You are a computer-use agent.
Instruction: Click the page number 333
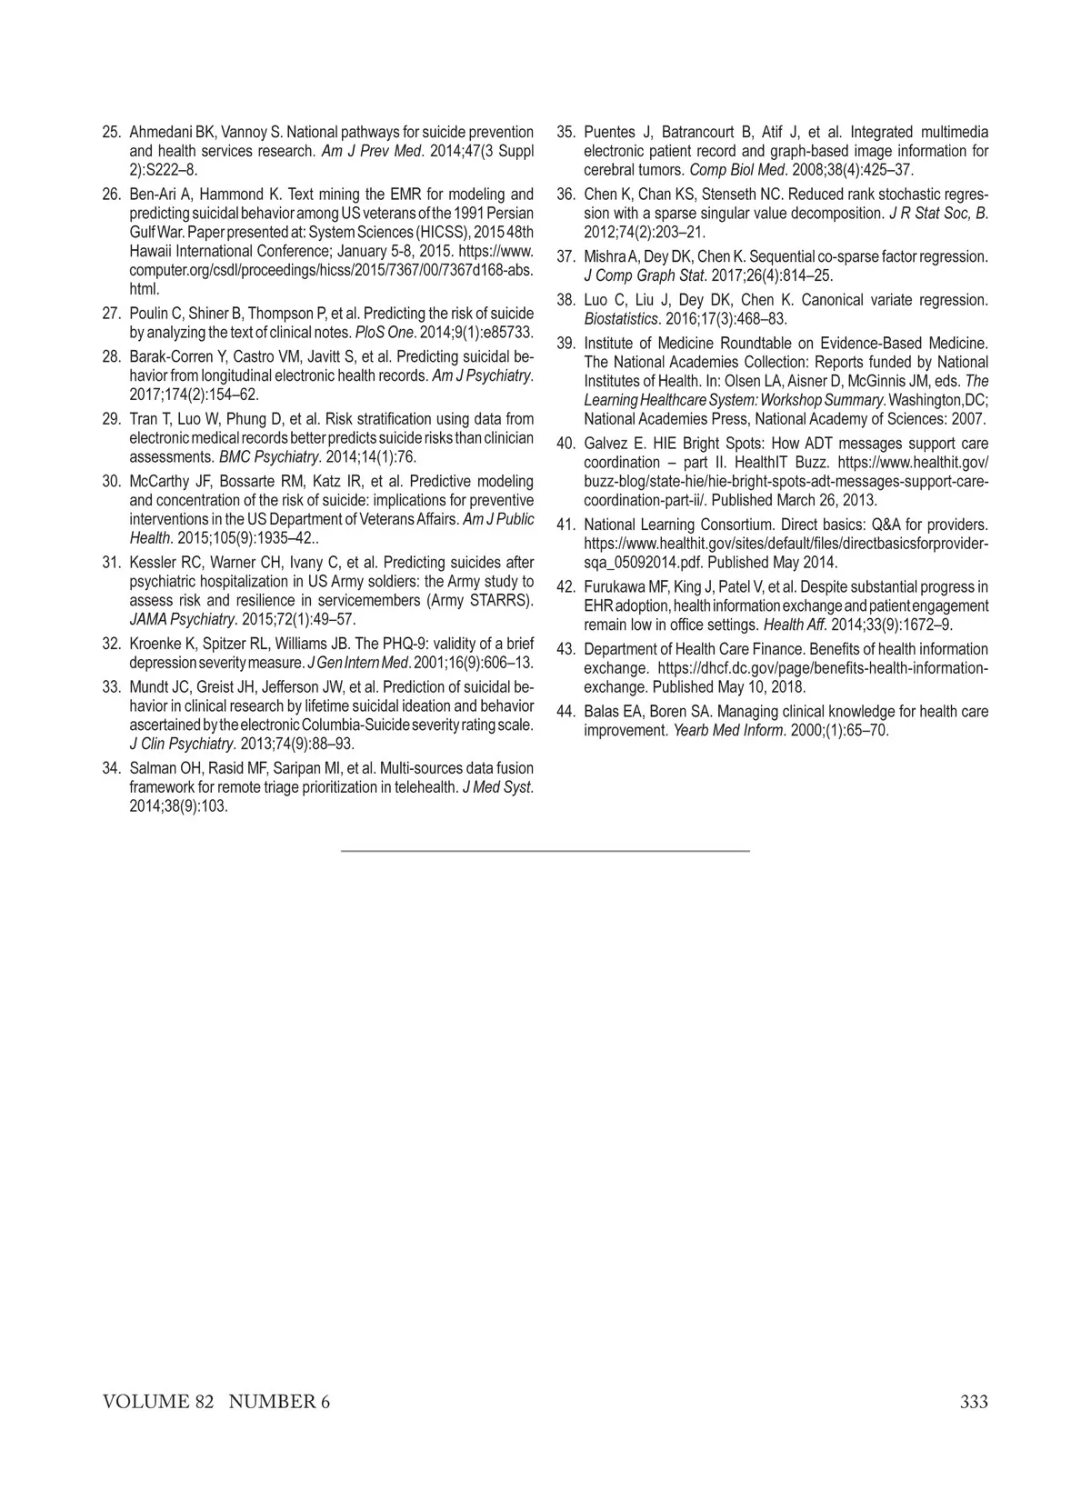(x=973, y=1402)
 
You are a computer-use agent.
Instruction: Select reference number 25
(x=112, y=132)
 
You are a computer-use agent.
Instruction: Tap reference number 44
(x=566, y=712)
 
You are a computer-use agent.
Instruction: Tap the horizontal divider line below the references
(x=545, y=851)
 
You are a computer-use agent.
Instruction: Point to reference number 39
(x=566, y=343)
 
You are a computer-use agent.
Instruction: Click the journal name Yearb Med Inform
(x=724, y=731)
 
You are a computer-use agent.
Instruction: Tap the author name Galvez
(x=605, y=444)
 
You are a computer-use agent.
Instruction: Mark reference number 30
(x=112, y=481)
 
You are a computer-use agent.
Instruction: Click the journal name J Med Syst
(x=497, y=787)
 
